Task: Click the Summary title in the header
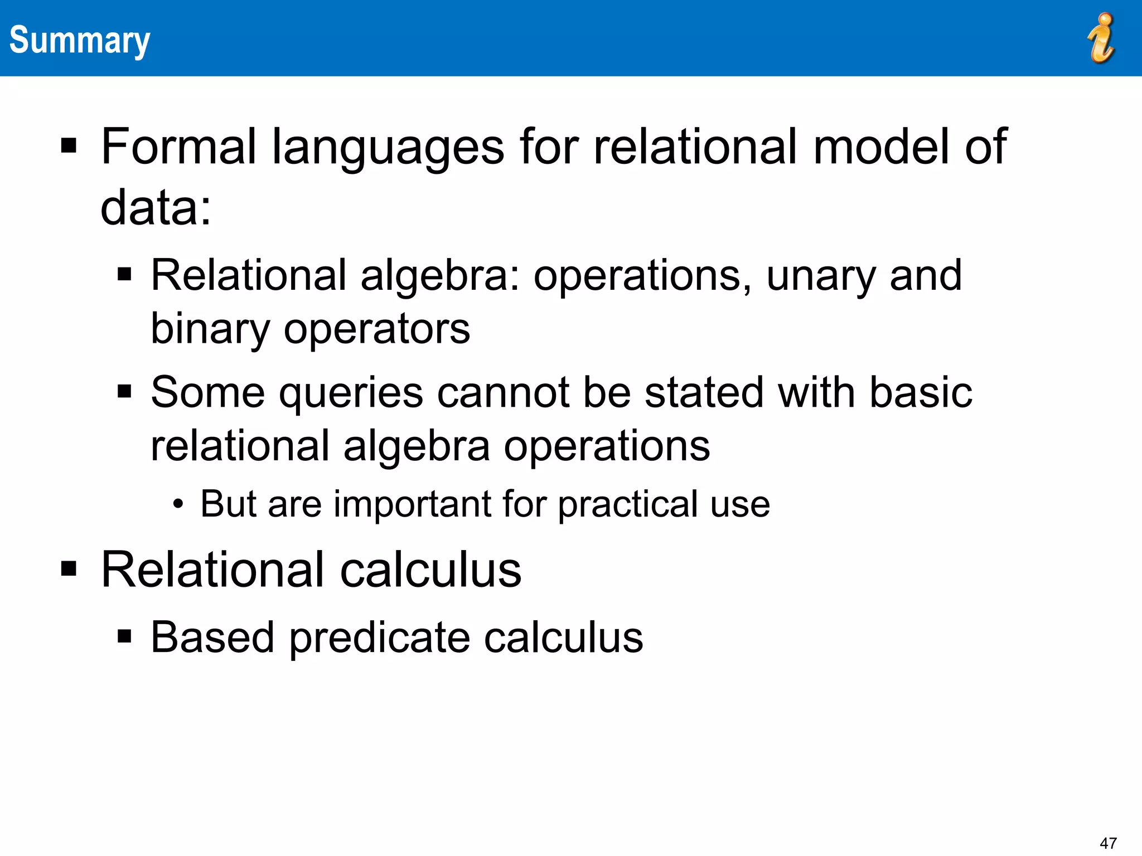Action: click(x=80, y=40)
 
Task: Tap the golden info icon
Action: click(x=1101, y=38)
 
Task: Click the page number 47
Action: click(x=1107, y=843)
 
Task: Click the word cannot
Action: click(x=503, y=392)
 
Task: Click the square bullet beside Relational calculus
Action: click(x=69, y=569)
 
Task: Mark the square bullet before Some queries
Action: click(x=124, y=391)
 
